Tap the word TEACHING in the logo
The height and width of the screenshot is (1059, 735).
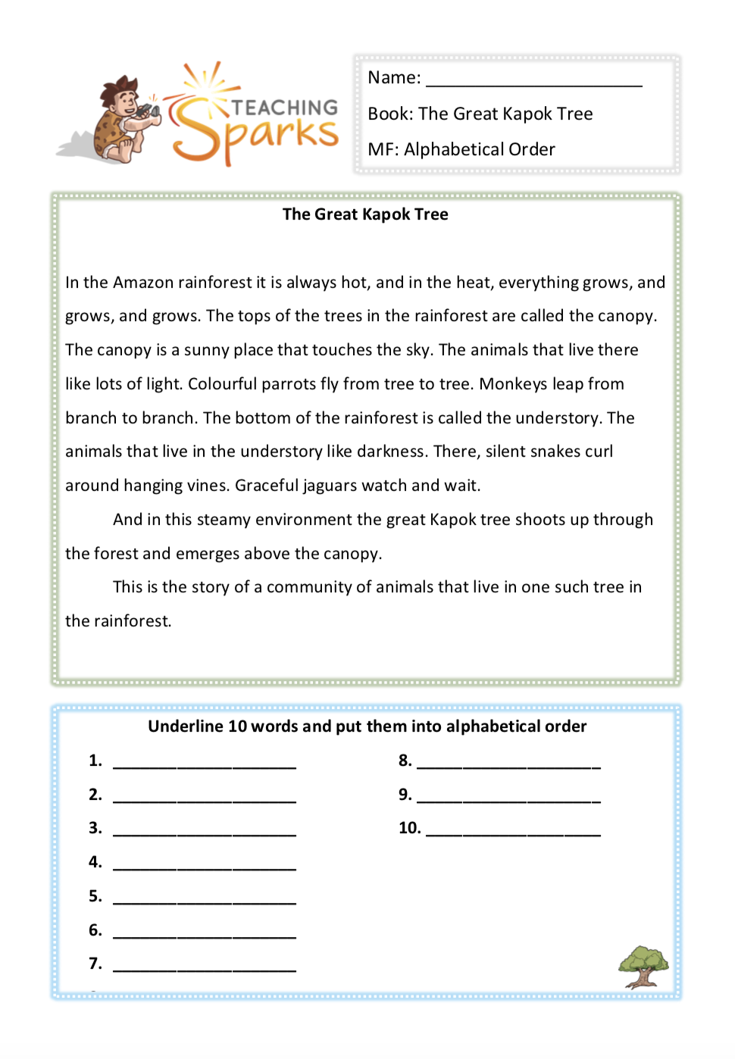coord(284,108)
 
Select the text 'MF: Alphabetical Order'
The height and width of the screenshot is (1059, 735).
coord(461,149)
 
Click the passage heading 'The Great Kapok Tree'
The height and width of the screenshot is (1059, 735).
coord(365,214)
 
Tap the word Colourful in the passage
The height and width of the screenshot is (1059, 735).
coord(222,384)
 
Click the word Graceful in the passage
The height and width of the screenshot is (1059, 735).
coord(266,486)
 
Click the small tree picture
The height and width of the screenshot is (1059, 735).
coord(643,967)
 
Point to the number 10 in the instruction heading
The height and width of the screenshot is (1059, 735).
coord(237,726)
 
